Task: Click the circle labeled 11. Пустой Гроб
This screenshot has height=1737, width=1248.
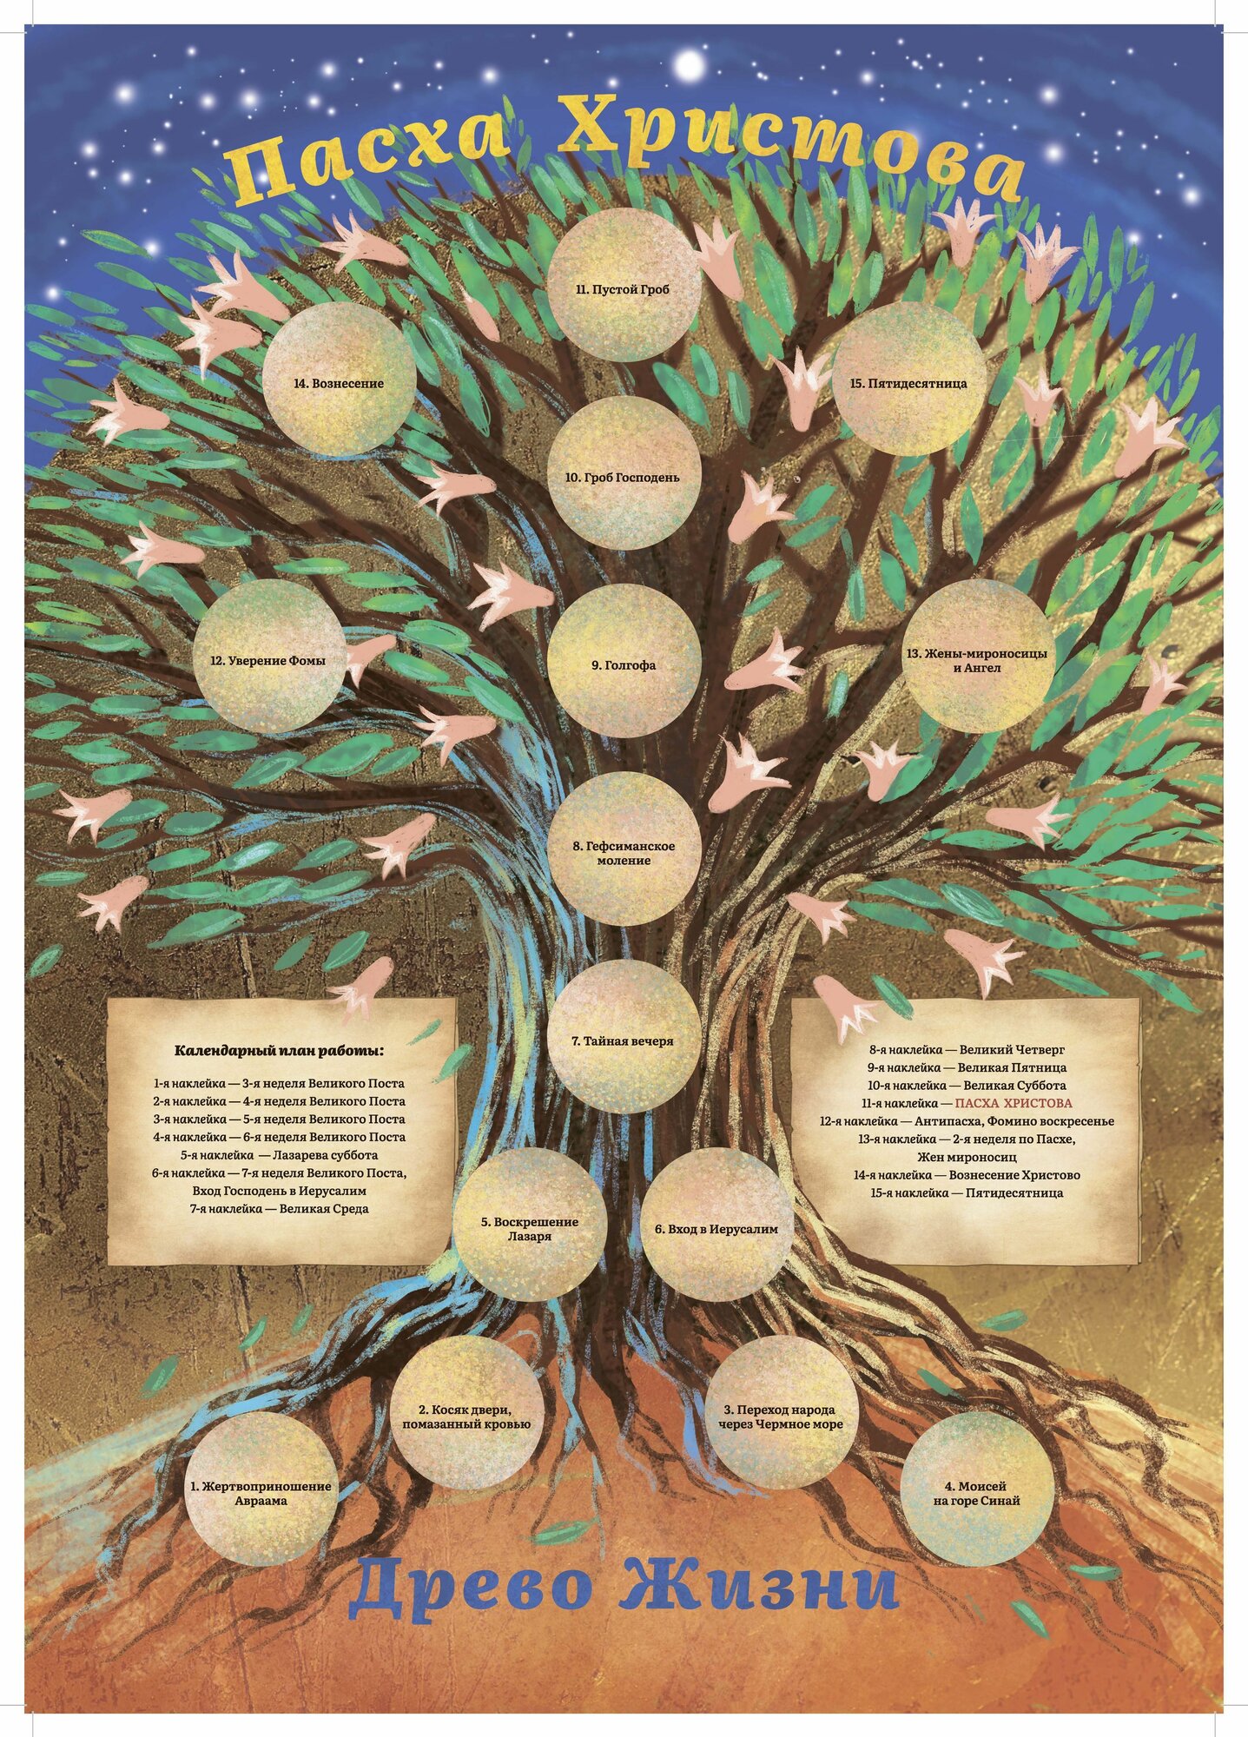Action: [625, 289]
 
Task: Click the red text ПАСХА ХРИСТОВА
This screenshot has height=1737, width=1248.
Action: [1013, 1102]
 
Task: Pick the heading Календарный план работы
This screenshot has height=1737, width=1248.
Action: [280, 1049]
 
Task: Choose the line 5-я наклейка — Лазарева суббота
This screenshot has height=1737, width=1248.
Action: [280, 1154]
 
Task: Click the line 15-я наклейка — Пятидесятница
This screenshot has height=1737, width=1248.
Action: [967, 1192]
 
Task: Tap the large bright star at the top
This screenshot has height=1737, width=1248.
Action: [690, 63]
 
